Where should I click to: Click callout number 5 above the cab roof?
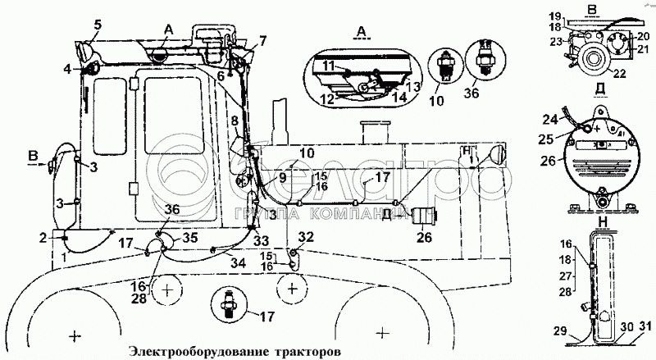click(x=98, y=25)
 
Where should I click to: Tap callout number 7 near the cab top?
click(x=262, y=40)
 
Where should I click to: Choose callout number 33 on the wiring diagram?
click(x=261, y=240)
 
